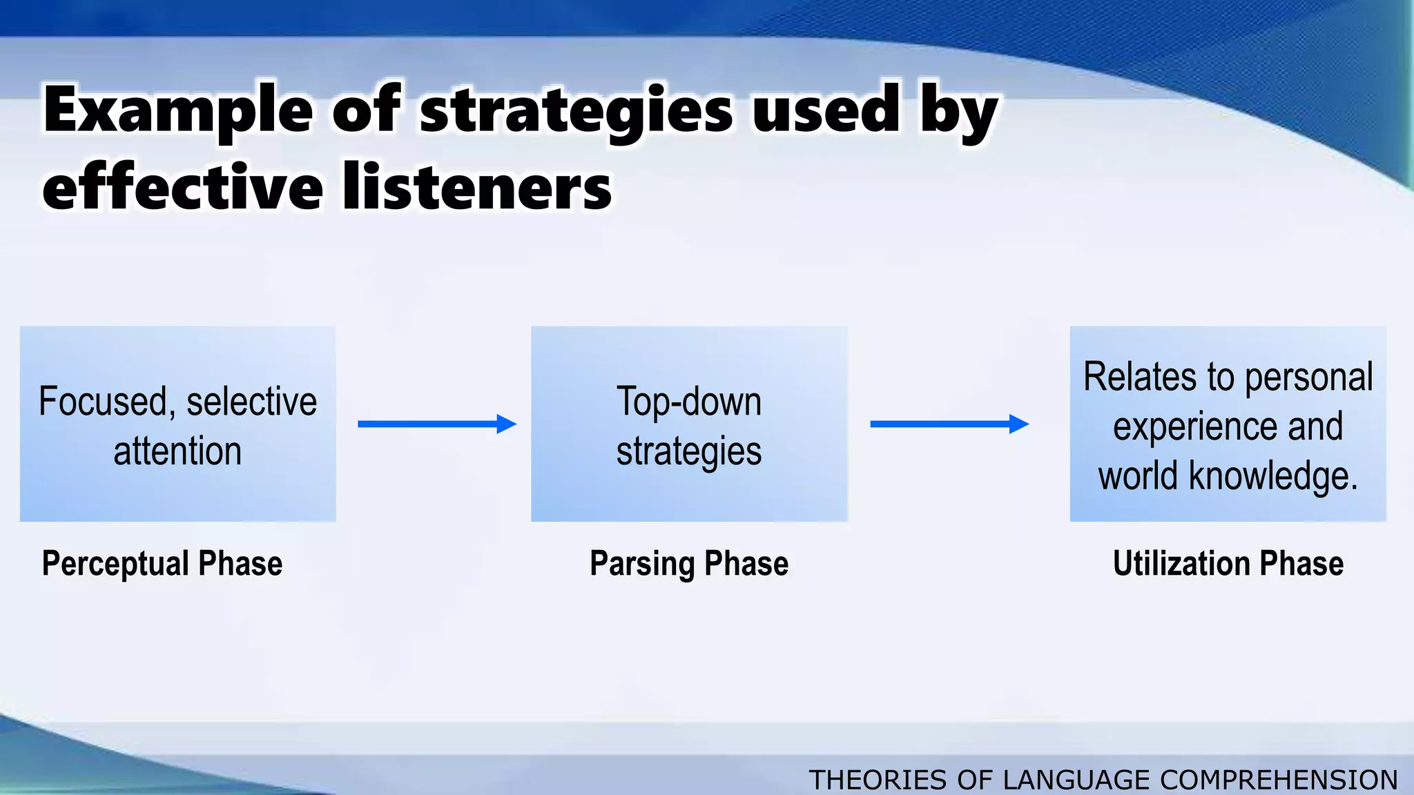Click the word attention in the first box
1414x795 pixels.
pos(177,451)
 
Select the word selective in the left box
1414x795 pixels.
pos(251,402)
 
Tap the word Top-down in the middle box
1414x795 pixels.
pos(688,402)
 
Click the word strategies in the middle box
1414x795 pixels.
pos(688,451)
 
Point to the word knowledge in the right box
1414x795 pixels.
pos(1273,476)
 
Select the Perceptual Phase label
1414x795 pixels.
pos(162,563)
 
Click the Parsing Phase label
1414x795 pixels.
pos(688,563)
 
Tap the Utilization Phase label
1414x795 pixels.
pos(1228,563)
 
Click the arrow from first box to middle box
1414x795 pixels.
pos(436,424)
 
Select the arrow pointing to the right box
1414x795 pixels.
pos(949,424)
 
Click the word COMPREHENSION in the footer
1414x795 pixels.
pos(1279,780)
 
